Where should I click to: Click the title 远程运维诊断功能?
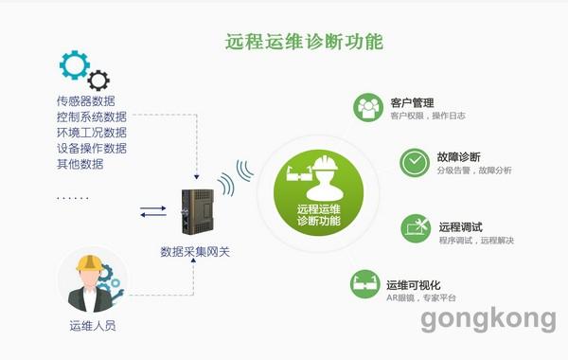pos(303,42)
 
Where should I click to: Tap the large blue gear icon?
pos(73,64)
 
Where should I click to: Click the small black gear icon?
pos(98,80)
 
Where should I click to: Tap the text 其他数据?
pos(80,164)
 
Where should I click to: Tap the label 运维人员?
pos(93,328)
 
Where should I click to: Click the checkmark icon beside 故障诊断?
pos(414,161)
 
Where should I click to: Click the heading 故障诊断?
pos(459,156)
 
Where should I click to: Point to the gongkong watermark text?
pos(488,320)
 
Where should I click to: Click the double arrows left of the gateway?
pos(152,211)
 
